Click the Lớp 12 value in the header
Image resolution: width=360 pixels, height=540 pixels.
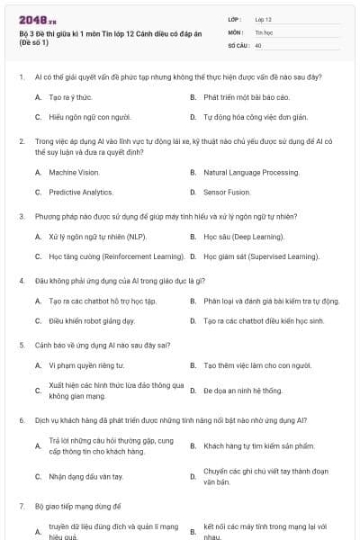tap(264, 18)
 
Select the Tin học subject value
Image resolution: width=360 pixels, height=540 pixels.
tap(262, 31)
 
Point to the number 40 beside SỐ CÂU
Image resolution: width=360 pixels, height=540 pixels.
tap(258, 44)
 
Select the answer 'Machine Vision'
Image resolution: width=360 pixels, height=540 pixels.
tap(74, 172)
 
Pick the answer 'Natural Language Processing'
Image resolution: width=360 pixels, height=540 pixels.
tap(251, 172)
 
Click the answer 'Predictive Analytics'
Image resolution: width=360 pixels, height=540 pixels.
tap(80, 192)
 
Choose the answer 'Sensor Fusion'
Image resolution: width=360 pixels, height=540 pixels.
tap(227, 192)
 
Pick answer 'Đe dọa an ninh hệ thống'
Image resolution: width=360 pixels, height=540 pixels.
tap(242, 391)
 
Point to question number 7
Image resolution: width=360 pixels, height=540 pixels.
tap(22, 507)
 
